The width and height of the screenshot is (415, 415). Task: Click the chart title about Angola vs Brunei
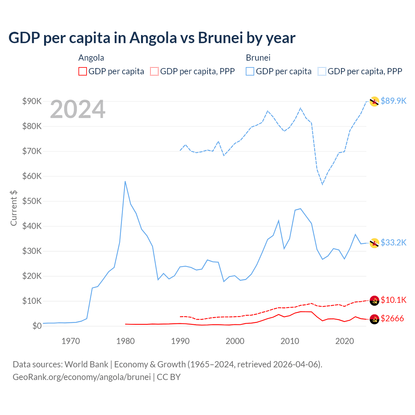(152, 38)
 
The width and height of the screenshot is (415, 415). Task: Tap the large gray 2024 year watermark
(77, 110)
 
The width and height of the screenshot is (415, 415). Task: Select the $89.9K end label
(393, 101)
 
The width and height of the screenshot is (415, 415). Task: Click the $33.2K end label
(393, 243)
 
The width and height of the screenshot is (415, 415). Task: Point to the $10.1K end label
(393, 300)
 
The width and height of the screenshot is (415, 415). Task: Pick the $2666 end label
(392, 318)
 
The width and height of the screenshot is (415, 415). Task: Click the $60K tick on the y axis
(32, 176)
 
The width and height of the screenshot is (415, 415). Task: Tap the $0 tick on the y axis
(37, 326)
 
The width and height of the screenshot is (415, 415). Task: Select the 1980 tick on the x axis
(125, 341)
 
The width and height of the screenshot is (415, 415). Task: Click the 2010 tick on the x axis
(290, 341)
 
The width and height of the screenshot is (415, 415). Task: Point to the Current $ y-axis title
(14, 208)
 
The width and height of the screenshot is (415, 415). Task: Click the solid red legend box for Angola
(83, 71)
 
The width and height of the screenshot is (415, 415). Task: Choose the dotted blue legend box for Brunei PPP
(322, 71)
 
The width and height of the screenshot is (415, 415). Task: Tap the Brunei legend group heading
(258, 58)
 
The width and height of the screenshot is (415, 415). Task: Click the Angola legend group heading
(91, 58)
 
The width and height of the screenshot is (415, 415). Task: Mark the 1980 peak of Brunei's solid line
(125, 182)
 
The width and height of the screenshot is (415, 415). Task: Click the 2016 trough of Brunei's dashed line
(322, 184)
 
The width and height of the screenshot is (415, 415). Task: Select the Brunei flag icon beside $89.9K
(374, 101)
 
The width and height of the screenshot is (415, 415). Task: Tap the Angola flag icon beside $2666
(374, 319)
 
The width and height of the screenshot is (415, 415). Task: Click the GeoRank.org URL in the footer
(82, 377)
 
